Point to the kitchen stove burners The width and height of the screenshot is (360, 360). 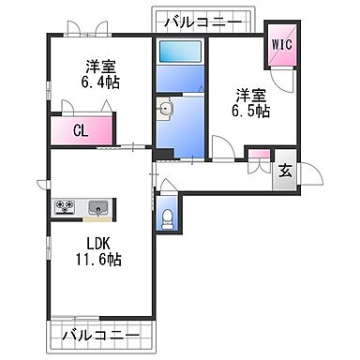pyautogui.click(x=66, y=206)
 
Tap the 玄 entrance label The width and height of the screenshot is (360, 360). pyautogui.click(x=284, y=172)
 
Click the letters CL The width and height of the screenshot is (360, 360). pyautogui.click(x=82, y=129)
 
